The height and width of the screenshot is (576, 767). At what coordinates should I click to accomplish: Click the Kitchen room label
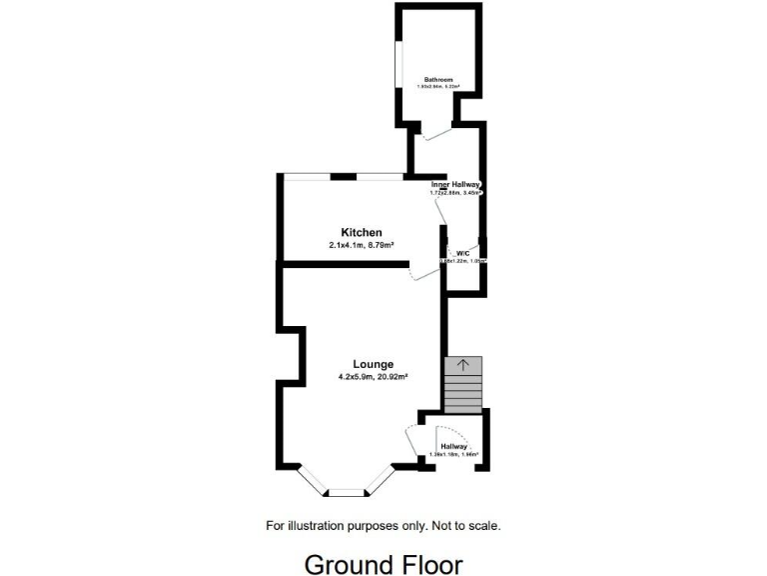[x=362, y=233]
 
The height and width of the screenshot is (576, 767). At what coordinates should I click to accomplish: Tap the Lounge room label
[x=373, y=364]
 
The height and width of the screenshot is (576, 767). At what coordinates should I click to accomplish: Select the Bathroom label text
[x=438, y=79]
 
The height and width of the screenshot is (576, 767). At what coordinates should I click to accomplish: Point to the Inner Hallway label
[x=456, y=185]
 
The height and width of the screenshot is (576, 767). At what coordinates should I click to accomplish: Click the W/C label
[x=462, y=254]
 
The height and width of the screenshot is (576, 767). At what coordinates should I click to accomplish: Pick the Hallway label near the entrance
[x=453, y=446]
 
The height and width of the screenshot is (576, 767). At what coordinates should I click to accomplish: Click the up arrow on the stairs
[x=462, y=365]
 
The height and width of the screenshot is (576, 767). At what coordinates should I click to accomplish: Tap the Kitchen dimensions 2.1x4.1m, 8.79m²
[x=362, y=246]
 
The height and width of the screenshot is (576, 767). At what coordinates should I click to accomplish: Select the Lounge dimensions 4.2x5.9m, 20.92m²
[x=373, y=377]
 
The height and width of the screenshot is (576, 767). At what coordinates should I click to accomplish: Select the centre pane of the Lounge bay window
[x=349, y=492]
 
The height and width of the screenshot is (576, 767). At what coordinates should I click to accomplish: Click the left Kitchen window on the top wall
[x=308, y=176]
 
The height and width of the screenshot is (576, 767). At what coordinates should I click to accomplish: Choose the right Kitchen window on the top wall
[x=381, y=176]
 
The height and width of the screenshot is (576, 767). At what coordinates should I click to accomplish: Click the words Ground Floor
[x=383, y=564]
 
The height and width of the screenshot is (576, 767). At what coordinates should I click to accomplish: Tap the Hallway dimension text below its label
[x=453, y=455]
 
